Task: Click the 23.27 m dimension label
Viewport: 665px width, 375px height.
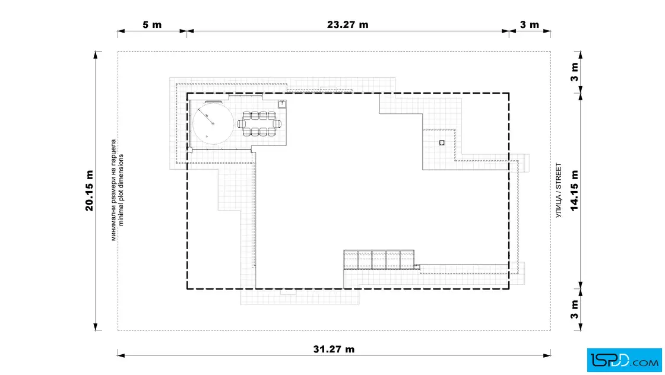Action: (347, 24)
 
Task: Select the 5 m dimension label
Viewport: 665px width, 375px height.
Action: (152, 24)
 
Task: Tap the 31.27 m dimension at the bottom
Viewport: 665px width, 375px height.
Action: (334, 349)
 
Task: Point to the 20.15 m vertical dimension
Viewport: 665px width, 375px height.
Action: (89, 190)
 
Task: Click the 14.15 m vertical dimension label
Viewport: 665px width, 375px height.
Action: (574, 190)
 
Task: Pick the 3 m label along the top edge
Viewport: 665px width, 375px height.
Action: (529, 24)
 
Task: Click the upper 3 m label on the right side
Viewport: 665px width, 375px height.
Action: (574, 72)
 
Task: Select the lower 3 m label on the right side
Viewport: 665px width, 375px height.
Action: (574, 309)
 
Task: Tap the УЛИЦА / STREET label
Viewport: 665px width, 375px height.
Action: (558, 190)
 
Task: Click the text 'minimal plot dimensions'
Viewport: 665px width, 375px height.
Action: (121, 190)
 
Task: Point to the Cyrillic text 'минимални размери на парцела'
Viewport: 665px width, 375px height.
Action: (113, 190)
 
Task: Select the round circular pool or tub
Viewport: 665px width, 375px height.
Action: (213, 123)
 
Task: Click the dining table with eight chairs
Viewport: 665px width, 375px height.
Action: (259, 124)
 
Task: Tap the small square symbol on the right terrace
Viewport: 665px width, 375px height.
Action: (442, 143)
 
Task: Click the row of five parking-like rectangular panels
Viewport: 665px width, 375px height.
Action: (379, 259)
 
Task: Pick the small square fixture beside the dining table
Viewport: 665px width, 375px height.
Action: (282, 104)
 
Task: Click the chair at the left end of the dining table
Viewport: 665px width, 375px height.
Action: (240, 124)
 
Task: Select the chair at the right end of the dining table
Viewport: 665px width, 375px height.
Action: (278, 124)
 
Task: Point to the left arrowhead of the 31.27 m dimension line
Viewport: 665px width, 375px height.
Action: (121, 355)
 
